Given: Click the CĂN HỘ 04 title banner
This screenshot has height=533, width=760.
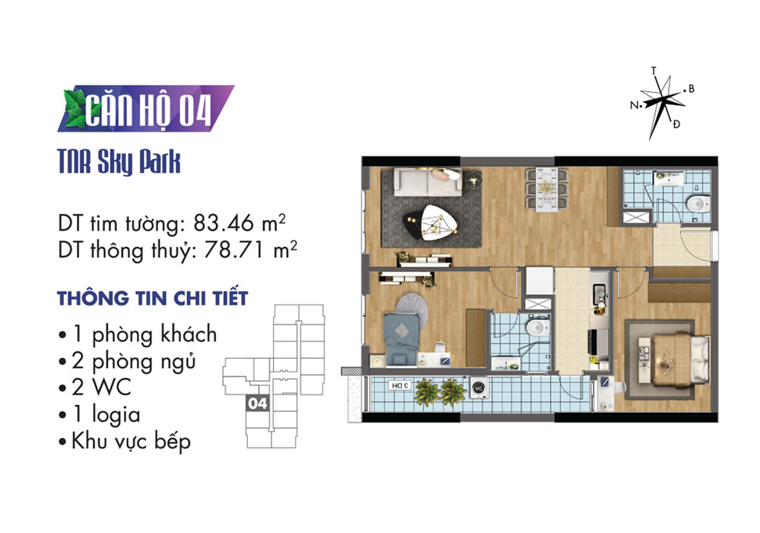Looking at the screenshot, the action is (145, 109).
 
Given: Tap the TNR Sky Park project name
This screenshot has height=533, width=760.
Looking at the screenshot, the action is (119, 161).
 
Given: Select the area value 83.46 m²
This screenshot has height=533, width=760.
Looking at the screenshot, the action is (240, 223).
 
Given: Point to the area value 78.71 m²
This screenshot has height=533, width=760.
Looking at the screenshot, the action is (250, 250).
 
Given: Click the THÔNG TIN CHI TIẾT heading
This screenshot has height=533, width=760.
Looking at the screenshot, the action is (153, 298).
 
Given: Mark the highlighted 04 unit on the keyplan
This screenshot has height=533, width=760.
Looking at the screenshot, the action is (257, 403).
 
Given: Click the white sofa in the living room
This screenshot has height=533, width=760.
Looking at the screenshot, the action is (428, 182).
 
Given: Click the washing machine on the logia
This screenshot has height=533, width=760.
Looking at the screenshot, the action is (479, 388).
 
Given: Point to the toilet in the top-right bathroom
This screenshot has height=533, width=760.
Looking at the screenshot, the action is (698, 203).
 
